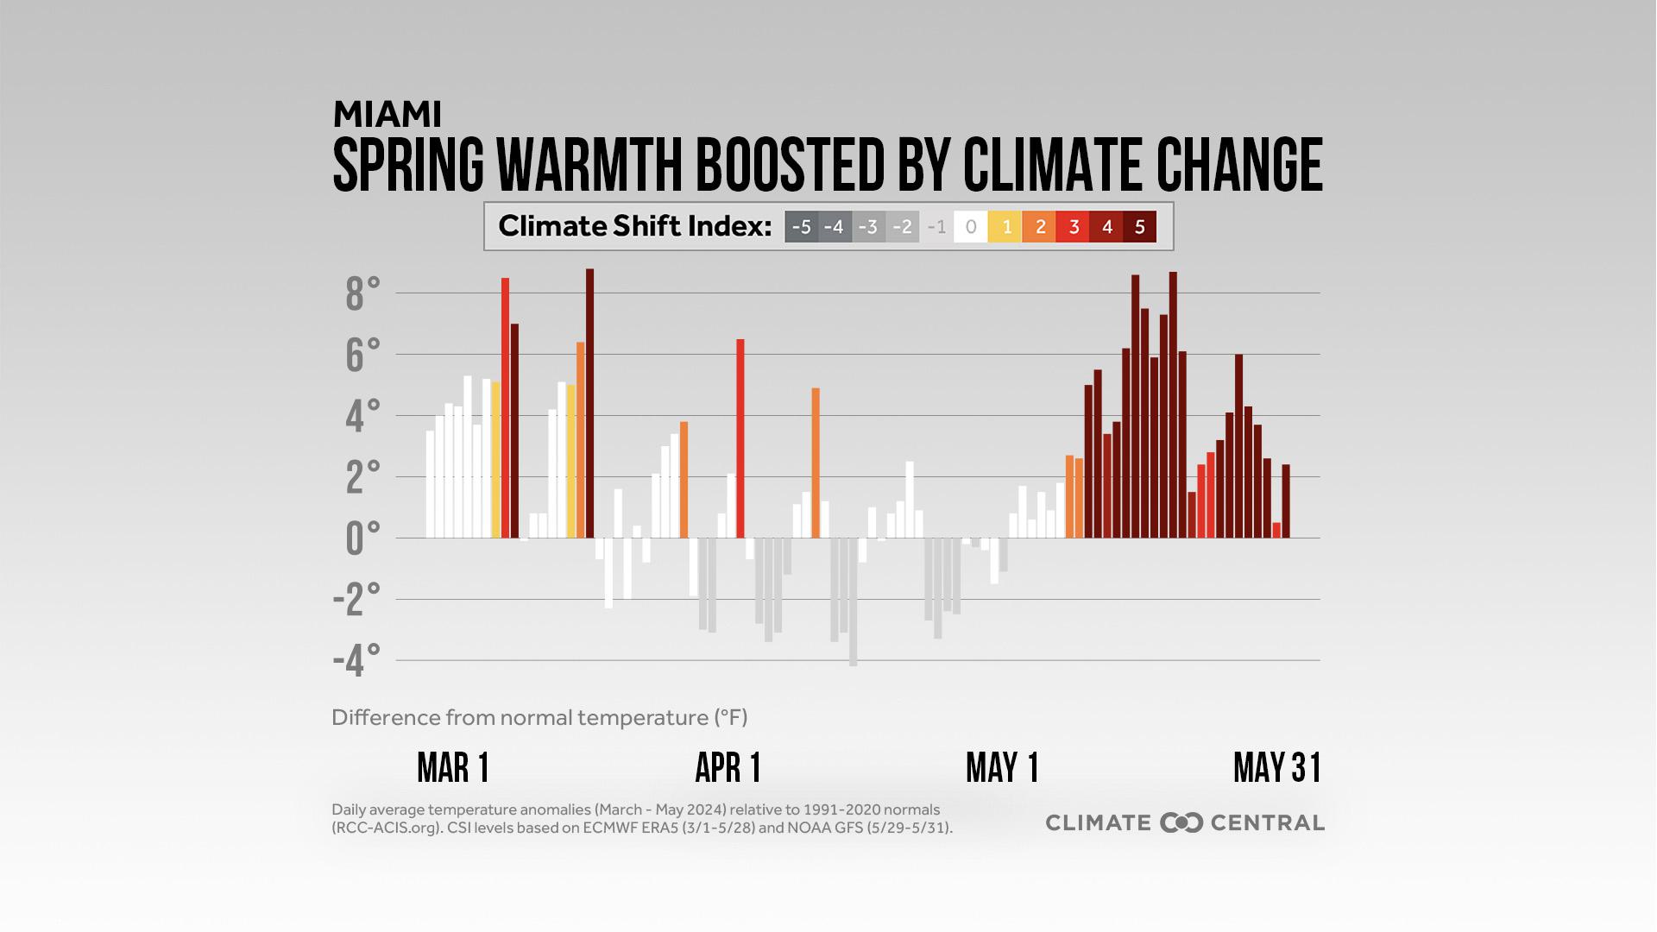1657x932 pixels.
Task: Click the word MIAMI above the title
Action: pyautogui.click(x=387, y=114)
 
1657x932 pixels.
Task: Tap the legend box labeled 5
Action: pyautogui.click(x=1139, y=227)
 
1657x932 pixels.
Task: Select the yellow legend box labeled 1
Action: pyautogui.click(x=1005, y=227)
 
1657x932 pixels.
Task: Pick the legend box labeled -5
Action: pyautogui.click(x=802, y=227)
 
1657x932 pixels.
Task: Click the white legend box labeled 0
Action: pyautogui.click(x=971, y=227)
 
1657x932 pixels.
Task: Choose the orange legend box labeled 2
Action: pyautogui.click(x=1040, y=227)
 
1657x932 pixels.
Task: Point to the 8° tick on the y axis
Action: pyautogui.click(x=362, y=294)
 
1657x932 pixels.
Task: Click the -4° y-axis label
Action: pyautogui.click(x=356, y=661)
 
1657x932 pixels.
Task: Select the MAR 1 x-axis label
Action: pyautogui.click(x=453, y=767)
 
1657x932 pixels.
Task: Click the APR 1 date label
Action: pyautogui.click(x=728, y=767)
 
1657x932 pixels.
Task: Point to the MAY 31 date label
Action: pyautogui.click(x=1277, y=767)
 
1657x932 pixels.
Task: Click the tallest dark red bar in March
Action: pyautogui.click(x=589, y=406)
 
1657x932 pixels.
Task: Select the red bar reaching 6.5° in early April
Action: pyautogui.click(x=740, y=440)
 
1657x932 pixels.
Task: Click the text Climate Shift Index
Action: pyautogui.click(x=634, y=227)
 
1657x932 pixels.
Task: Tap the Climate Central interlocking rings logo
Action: pyautogui.click(x=1181, y=822)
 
